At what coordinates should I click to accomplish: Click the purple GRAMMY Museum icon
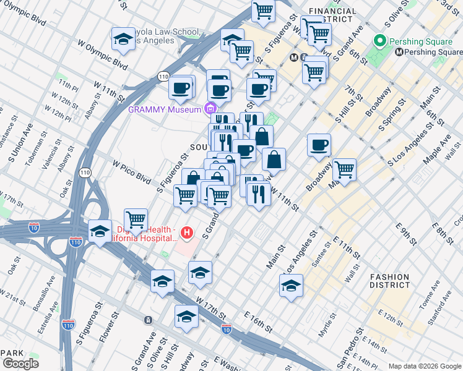pos(210,109)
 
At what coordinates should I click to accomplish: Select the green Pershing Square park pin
pos(380,42)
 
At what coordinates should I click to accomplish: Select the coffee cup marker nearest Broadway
pos(319,145)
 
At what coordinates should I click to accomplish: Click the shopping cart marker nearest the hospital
pos(136,220)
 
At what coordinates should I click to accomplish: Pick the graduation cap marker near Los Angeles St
pos(291,286)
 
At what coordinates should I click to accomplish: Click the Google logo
pos(20,364)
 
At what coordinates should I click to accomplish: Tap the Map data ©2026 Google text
pos(424,366)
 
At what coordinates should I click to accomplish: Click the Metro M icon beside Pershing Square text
pos(400,53)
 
